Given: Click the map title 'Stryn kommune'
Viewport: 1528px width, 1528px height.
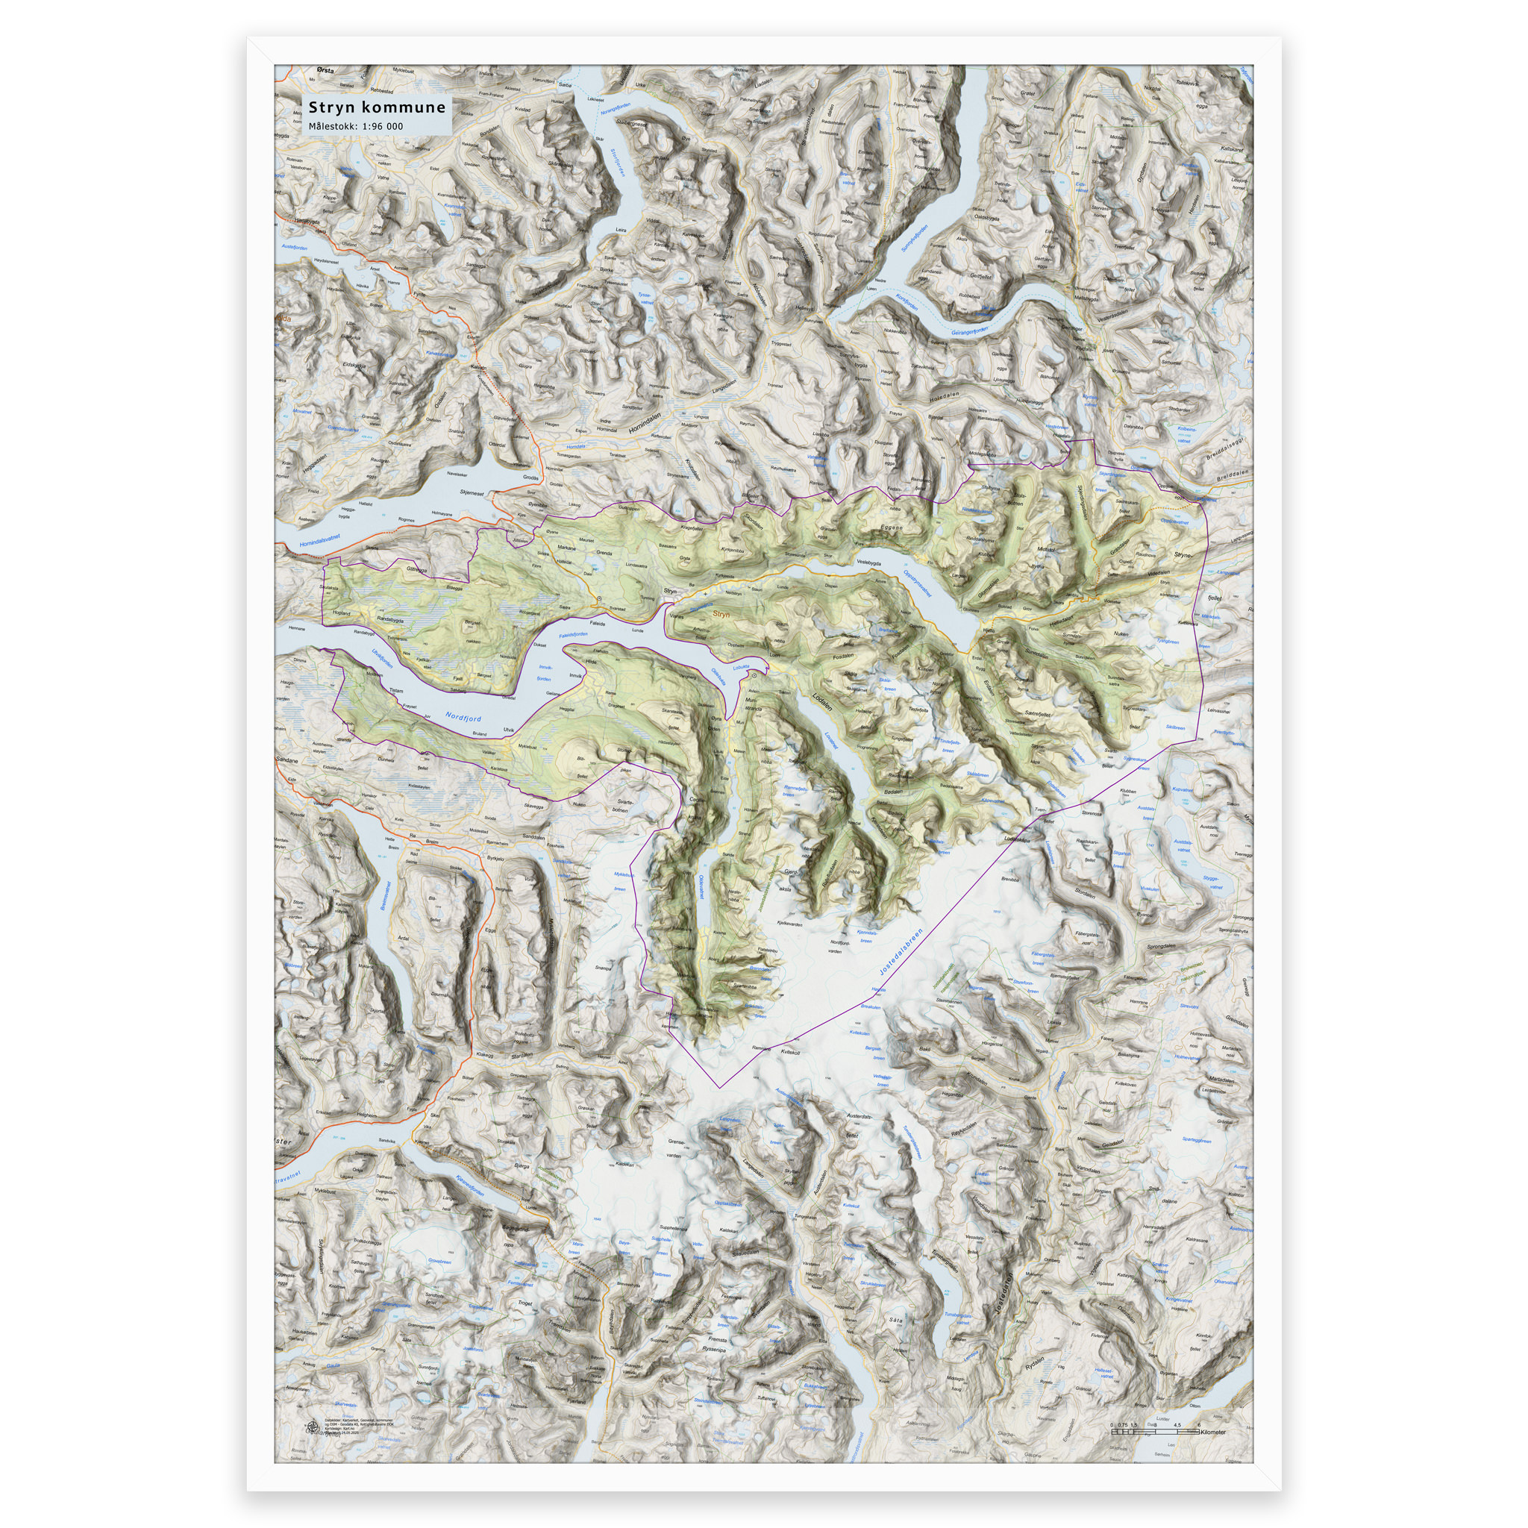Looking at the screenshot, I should coord(377,107).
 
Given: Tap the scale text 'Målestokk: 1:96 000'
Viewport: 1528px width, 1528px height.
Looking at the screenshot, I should coord(355,127).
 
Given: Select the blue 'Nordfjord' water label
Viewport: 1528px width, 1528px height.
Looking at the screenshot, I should coord(463,716).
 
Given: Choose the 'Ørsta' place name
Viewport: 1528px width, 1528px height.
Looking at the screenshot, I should coord(324,71).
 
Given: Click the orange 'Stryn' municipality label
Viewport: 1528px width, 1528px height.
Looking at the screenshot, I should coord(721,614).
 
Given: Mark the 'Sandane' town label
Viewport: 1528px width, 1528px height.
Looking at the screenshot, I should coord(286,760).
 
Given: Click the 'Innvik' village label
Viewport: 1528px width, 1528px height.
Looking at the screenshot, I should coord(575,675).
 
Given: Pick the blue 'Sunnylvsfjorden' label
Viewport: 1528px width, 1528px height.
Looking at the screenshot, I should coord(914,237).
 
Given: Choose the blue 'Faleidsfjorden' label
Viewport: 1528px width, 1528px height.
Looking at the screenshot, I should coord(574,634).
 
